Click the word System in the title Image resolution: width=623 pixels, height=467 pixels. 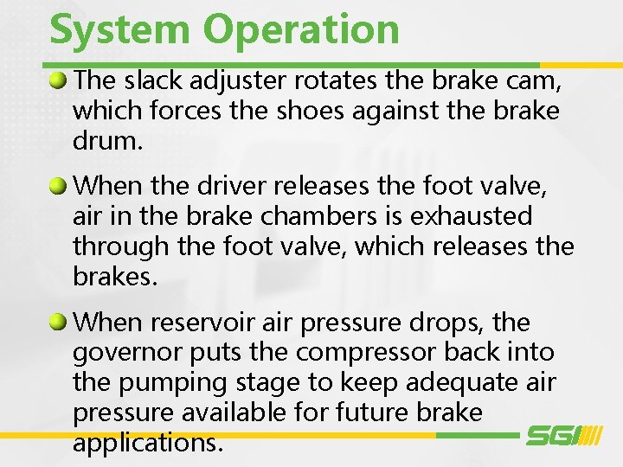point(120,29)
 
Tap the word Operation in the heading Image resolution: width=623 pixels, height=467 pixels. point(301,30)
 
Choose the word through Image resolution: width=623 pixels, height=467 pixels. point(120,246)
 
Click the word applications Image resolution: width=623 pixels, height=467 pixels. point(148,444)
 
